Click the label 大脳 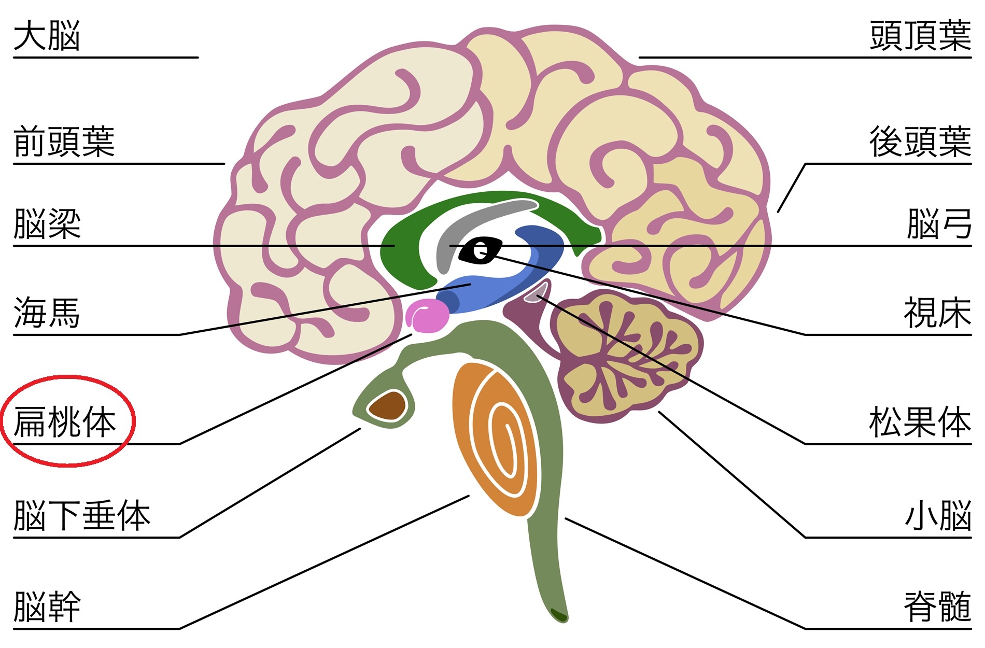click(47, 36)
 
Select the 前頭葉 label click(64, 142)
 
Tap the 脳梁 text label click(47, 224)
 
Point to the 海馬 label click(47, 313)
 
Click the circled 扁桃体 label click(65, 422)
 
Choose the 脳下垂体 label click(82, 515)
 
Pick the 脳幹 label click(47, 607)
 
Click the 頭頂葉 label click(920, 36)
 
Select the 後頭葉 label click(920, 142)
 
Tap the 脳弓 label click(939, 224)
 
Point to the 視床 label click(937, 313)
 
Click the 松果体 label click(920, 422)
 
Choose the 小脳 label click(938, 515)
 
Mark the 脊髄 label click(938, 607)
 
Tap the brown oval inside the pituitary click(387, 405)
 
